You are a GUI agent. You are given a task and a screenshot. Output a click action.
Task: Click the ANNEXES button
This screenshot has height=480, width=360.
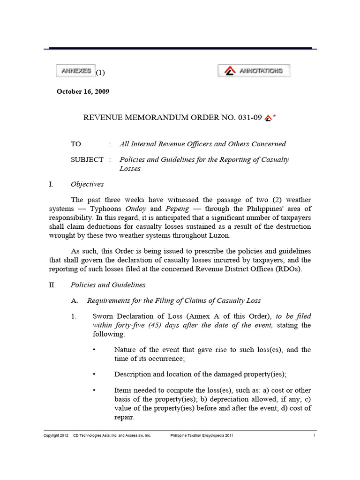pos(75,71)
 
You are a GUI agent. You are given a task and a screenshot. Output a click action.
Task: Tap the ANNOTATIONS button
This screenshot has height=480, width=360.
pos(254,71)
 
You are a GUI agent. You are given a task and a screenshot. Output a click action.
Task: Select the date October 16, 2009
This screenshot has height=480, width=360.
pos(83,92)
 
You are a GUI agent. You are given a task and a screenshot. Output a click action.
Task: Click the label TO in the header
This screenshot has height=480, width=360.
pos(76,144)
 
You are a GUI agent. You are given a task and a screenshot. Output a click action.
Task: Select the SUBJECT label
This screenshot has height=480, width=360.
pos(87,159)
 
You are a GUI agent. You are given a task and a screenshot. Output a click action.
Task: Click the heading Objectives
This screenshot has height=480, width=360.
pos(87,184)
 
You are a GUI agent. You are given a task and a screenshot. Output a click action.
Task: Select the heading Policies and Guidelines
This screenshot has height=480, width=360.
pos(108,285)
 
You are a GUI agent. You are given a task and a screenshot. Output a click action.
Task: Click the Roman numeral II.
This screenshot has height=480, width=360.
pos(52,285)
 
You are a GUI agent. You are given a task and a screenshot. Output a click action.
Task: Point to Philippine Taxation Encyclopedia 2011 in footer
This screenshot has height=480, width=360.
pos(202,435)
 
